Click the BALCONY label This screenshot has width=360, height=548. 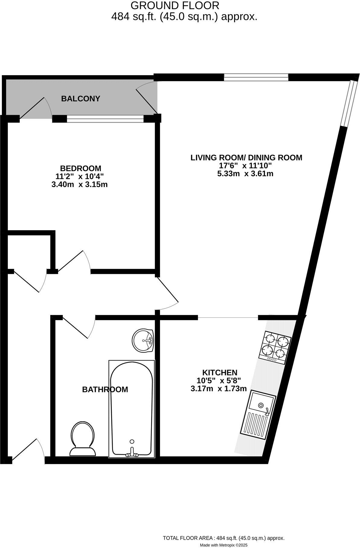[x=80, y=99]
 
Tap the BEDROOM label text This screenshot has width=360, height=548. [x=81, y=168]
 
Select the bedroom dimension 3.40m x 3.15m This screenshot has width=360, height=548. [x=79, y=184]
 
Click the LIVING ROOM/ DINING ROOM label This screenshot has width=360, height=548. [x=246, y=158]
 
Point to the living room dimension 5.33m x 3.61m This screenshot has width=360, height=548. [x=245, y=174]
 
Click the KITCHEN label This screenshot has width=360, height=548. [x=220, y=372]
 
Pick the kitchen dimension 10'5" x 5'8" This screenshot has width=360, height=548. [x=219, y=381]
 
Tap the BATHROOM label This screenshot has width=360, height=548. [x=105, y=390]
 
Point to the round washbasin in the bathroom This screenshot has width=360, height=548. [x=143, y=340]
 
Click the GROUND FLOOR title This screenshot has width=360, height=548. [x=175, y=5]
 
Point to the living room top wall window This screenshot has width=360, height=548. [x=256, y=78]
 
